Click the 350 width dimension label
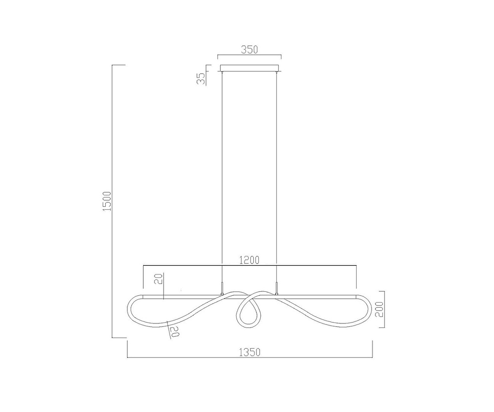pos(249,50)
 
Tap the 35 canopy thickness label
pos(201,78)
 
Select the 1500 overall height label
pos(107,201)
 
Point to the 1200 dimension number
pos(249,260)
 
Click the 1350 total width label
pos(249,352)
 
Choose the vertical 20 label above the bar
pos(160,279)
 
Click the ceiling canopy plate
pos(249,68)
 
